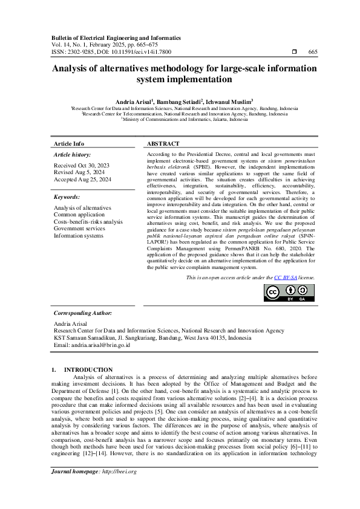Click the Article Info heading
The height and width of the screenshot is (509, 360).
click(x=70, y=144)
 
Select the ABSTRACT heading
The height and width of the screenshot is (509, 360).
click(x=163, y=144)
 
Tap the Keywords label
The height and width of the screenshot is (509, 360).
click(x=67, y=197)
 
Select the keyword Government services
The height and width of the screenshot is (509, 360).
click(x=79, y=229)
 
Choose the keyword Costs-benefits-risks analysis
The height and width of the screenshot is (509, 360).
click(x=88, y=222)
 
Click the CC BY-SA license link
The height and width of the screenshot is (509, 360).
click(x=284, y=277)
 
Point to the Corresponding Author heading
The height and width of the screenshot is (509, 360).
click(x=83, y=313)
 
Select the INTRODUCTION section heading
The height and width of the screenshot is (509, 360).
click(x=88, y=369)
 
